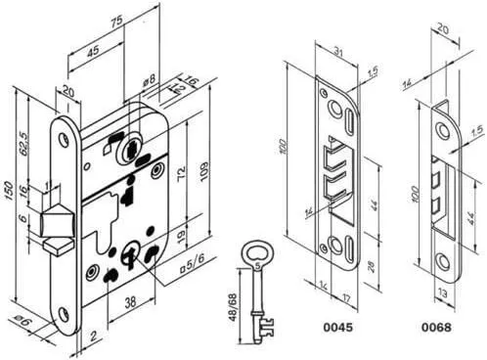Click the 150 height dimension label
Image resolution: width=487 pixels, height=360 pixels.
click(x=9, y=192)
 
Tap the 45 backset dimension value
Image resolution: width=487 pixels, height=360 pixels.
click(x=93, y=51)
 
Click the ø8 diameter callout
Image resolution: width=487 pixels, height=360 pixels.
click(x=149, y=81)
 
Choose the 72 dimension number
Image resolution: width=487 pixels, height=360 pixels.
click(x=182, y=173)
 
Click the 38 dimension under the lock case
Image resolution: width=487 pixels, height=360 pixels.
click(x=130, y=302)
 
